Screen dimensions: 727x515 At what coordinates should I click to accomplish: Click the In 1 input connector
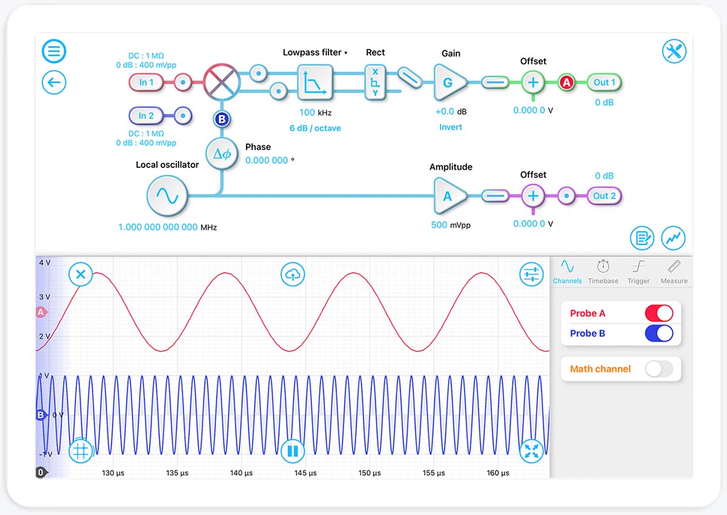pos(146,82)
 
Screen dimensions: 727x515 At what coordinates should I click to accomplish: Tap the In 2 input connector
pos(146,116)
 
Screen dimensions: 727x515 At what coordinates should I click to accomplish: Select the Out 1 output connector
pos(604,82)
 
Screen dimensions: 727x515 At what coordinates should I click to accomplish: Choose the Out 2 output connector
pos(604,196)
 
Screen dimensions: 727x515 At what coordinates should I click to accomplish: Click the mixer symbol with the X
pos(222,82)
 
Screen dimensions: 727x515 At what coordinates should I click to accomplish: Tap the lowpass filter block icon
pos(315,82)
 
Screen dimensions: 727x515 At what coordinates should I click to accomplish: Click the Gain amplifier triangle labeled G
pos(450,82)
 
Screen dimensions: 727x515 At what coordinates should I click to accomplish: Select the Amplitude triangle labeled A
pos(450,196)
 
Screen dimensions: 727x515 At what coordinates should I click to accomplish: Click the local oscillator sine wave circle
pos(167,196)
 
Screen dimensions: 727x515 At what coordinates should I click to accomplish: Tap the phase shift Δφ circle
pos(222,153)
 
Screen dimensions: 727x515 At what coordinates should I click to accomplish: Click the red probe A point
pos(566,82)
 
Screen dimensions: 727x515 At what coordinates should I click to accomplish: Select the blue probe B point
pos(222,119)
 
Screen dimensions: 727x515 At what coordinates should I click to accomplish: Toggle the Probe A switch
pos(659,313)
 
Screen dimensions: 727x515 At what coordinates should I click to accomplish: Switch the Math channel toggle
pos(659,369)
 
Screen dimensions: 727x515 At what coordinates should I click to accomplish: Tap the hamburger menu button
pos(54,51)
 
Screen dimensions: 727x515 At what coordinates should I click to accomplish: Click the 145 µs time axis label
pos(305,473)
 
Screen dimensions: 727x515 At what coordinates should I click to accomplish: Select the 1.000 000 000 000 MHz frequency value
pos(158,227)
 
